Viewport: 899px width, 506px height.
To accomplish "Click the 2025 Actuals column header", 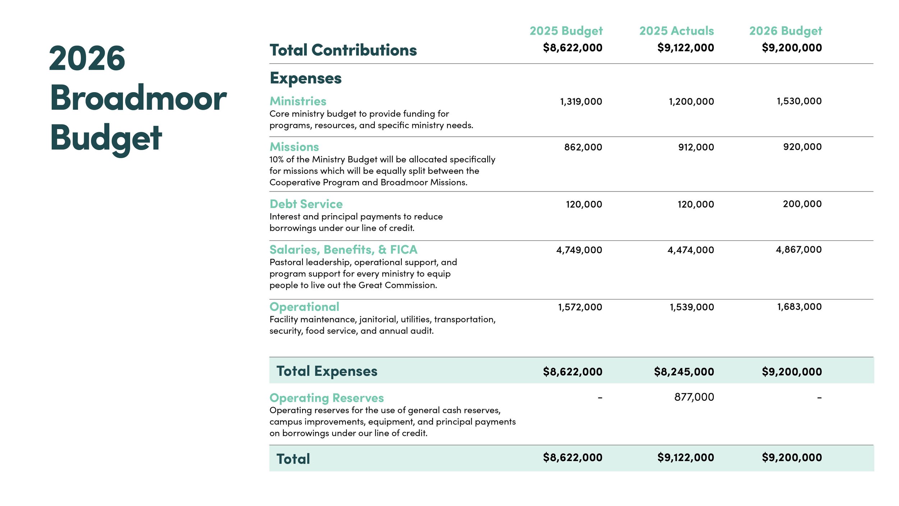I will click(x=676, y=31).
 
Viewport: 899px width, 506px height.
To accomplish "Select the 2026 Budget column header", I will click(x=785, y=31).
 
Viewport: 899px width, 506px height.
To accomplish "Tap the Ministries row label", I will click(x=298, y=101).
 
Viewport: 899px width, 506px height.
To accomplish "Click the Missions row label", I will click(x=294, y=147).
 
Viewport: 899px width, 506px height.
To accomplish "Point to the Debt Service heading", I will click(x=306, y=204).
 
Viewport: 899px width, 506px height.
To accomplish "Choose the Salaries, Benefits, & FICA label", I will click(x=343, y=250).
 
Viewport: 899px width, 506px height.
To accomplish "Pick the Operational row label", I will click(x=304, y=307).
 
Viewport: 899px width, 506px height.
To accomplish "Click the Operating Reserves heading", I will click(x=327, y=398).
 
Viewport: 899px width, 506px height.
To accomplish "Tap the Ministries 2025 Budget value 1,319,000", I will click(x=581, y=101).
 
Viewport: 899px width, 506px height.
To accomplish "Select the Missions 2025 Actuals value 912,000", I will click(x=696, y=147).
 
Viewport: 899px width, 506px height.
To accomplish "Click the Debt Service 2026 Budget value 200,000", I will click(x=802, y=204).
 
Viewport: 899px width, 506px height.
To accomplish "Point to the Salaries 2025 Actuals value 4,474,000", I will click(x=690, y=250).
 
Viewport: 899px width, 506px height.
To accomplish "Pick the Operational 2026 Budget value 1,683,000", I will click(x=799, y=307).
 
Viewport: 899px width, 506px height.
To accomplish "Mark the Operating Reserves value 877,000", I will click(x=694, y=397).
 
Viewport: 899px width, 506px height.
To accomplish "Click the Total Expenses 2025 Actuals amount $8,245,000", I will click(x=684, y=372).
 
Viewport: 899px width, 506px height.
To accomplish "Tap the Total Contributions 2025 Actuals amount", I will click(x=685, y=48).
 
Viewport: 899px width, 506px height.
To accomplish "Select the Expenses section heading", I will click(x=306, y=78).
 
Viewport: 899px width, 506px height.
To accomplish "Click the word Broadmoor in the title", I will click(x=138, y=98).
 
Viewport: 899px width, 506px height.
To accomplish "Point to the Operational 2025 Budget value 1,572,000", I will click(x=580, y=307).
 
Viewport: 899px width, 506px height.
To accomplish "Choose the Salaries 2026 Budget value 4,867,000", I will click(x=798, y=250).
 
